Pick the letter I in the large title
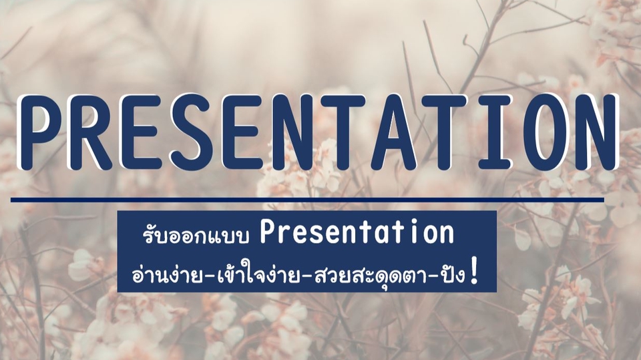494,132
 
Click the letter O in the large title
546,132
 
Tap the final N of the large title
596,132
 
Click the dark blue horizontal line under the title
307,200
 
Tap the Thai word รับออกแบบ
196,235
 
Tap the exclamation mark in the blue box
474,271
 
